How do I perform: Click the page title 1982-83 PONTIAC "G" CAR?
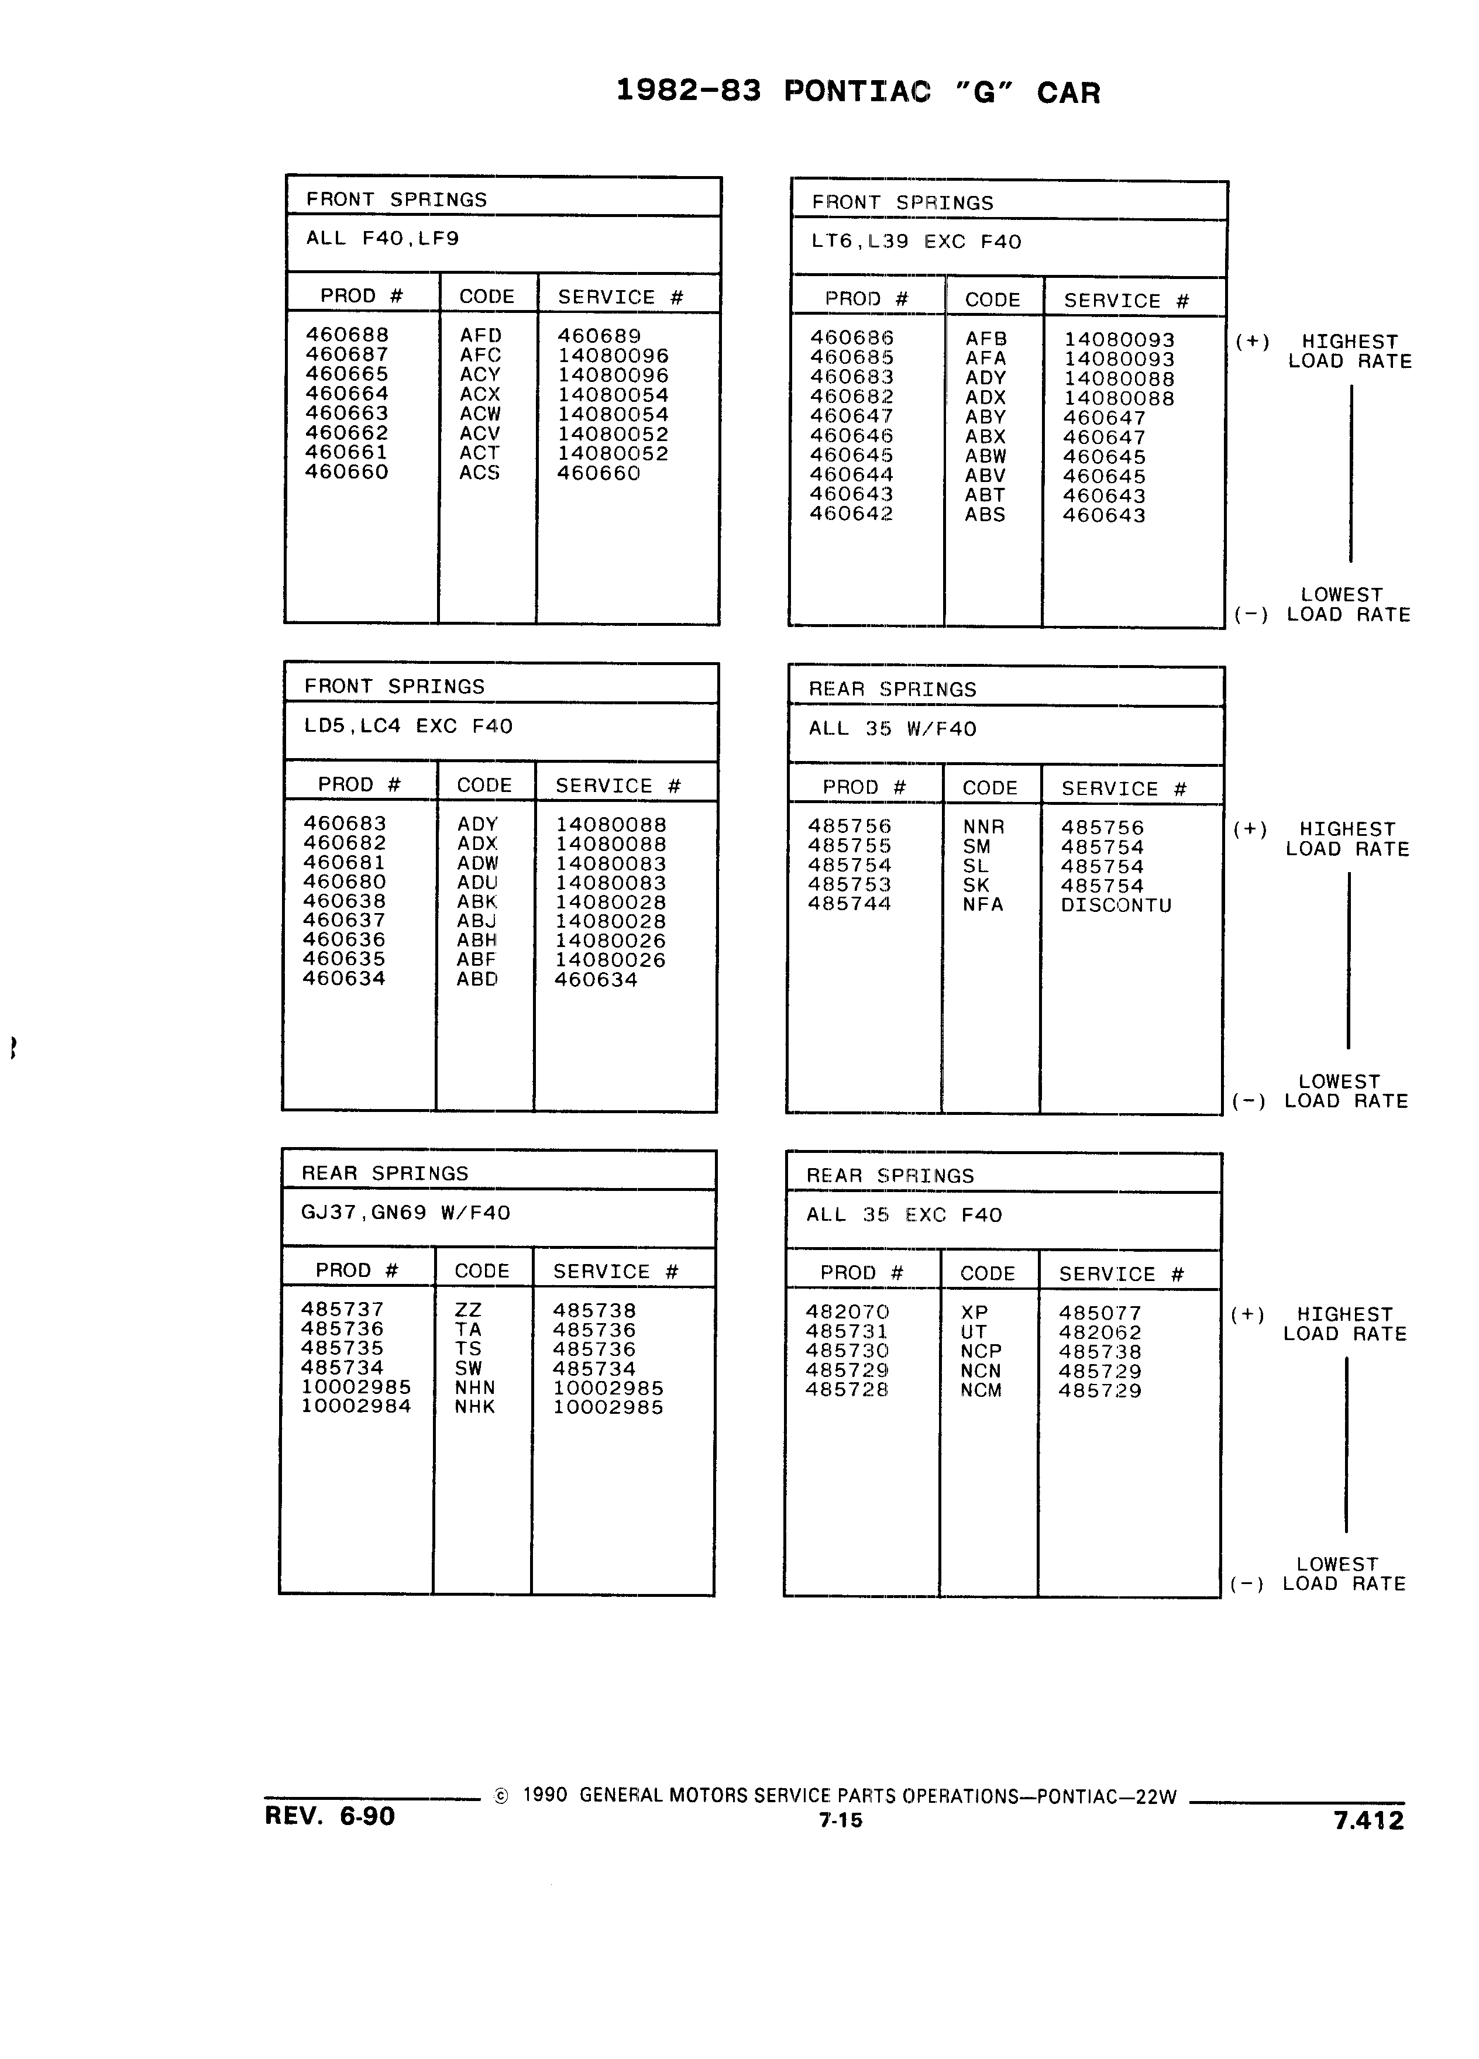[x=858, y=92]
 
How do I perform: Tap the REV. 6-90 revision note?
[x=329, y=1815]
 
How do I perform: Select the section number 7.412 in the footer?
[x=1368, y=1819]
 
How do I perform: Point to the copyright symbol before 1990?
[x=500, y=1796]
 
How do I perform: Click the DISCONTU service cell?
[x=1116, y=905]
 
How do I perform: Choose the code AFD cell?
[x=480, y=335]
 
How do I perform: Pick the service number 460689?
[x=599, y=336]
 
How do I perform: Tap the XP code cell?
[x=974, y=1313]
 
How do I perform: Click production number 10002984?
[x=356, y=1406]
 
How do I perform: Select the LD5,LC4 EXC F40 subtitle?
[x=408, y=726]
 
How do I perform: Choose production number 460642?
[x=852, y=514]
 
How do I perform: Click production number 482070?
[x=847, y=1312]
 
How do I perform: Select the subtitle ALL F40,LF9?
[x=382, y=239]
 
